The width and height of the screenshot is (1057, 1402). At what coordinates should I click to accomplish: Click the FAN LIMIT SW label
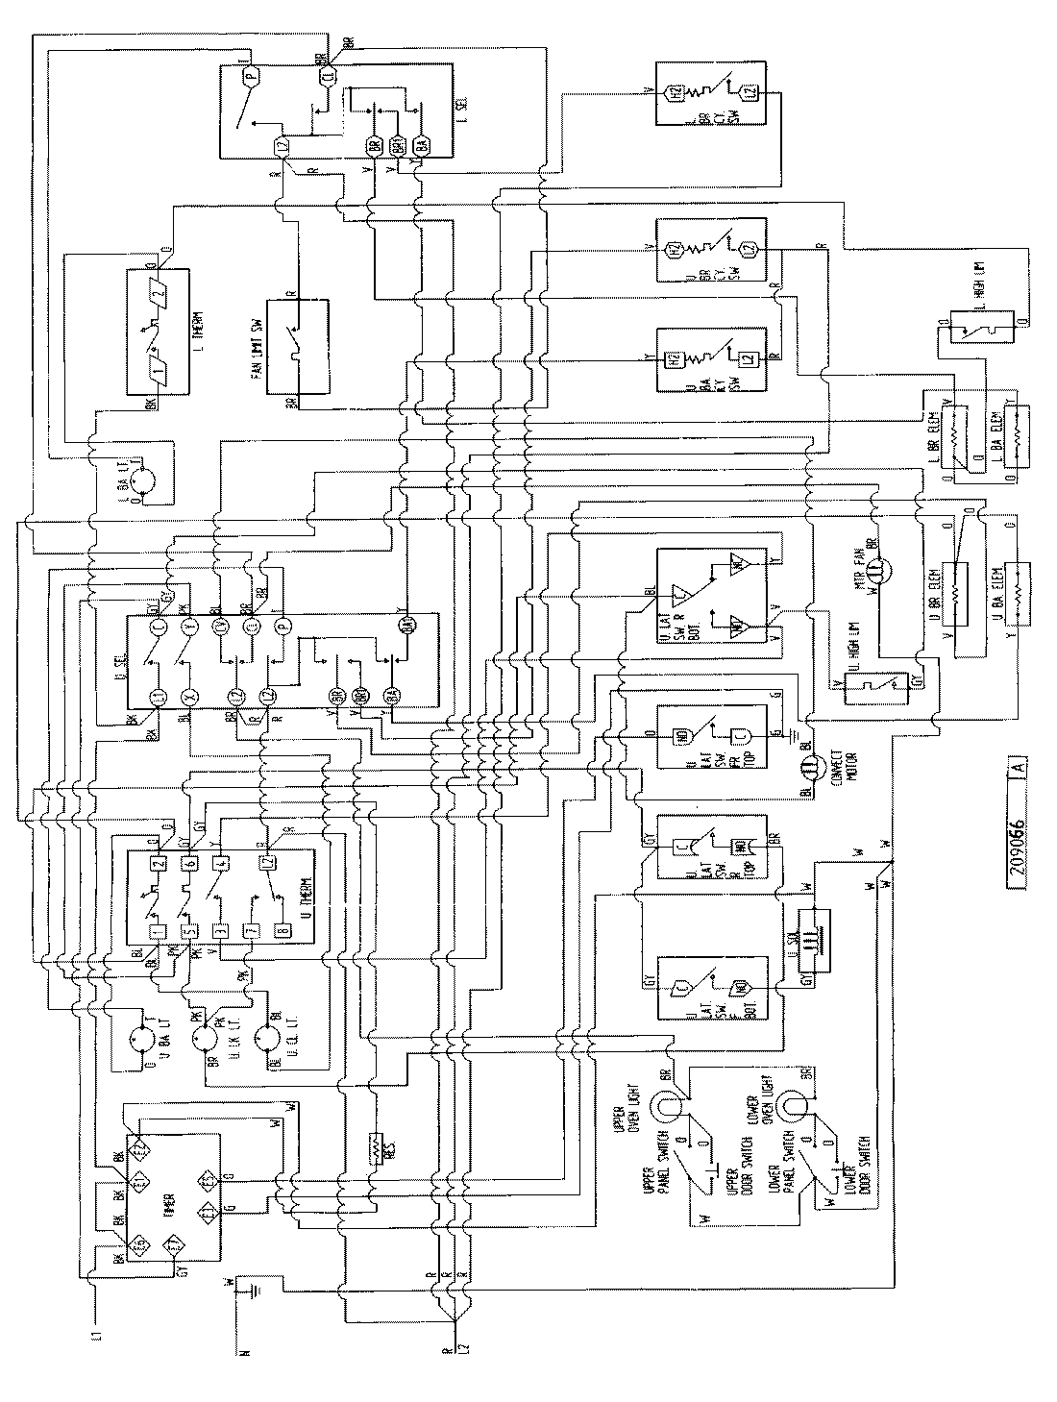[x=258, y=347]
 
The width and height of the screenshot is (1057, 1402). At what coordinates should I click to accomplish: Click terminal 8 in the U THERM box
[x=283, y=930]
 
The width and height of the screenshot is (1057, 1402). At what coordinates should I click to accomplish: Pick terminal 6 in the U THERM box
[x=190, y=862]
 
